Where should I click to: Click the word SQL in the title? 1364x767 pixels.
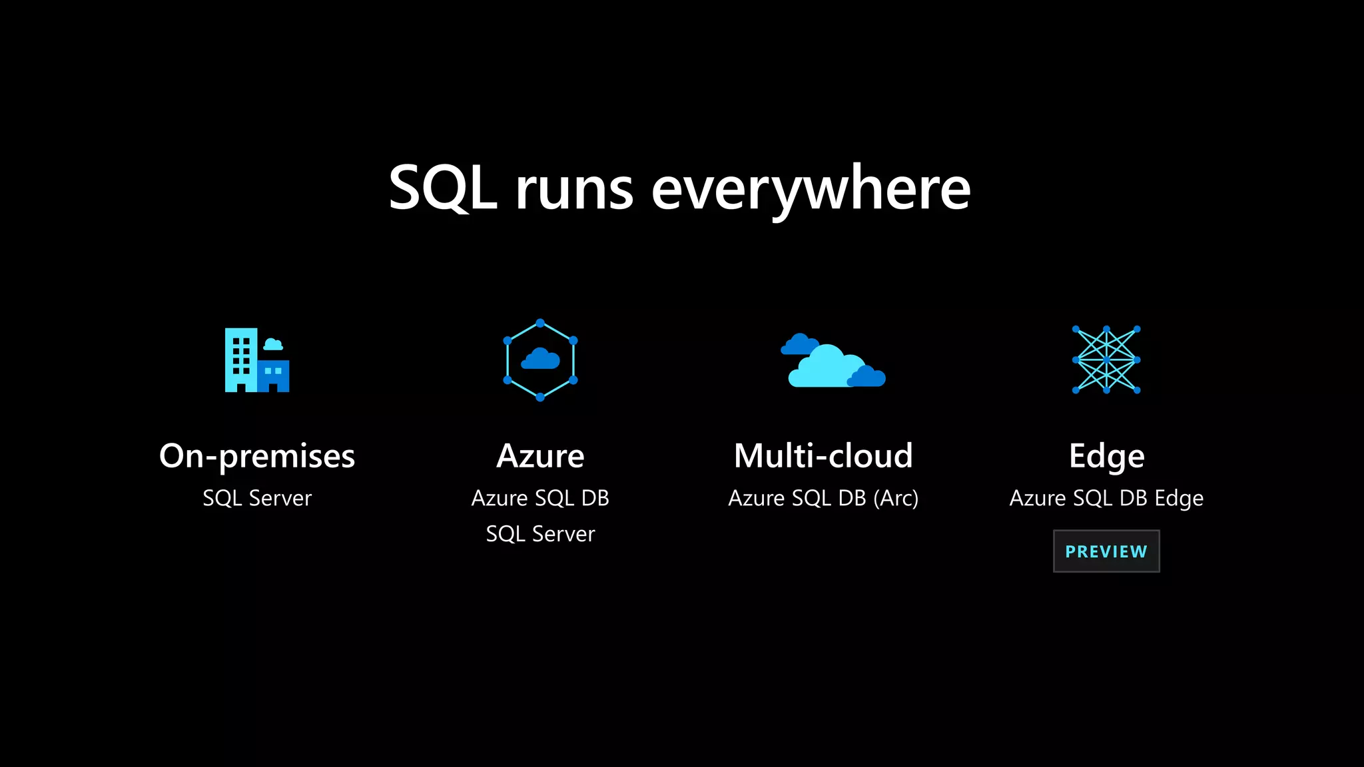[x=442, y=188]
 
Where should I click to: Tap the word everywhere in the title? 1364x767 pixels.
[x=811, y=190]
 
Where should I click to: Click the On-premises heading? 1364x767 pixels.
[x=257, y=457]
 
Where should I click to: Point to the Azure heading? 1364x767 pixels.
[x=540, y=457]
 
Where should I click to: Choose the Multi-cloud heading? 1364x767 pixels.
[x=823, y=457]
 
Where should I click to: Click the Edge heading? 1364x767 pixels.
[x=1106, y=457]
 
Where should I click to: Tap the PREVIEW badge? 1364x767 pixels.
[x=1106, y=551]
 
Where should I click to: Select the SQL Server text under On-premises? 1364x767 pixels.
[x=257, y=498]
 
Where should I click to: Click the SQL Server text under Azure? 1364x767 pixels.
[x=540, y=534]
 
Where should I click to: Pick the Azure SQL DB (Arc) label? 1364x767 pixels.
[x=823, y=498]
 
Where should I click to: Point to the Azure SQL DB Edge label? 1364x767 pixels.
[x=1106, y=498]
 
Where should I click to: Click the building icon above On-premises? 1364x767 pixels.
[x=257, y=360]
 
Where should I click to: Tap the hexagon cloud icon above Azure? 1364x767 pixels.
[x=540, y=360]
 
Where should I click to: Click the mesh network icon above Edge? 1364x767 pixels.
[x=1106, y=360]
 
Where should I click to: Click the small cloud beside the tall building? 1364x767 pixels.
[x=273, y=344]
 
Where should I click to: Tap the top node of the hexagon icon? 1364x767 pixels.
[x=540, y=324]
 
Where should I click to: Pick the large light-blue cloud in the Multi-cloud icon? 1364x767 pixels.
[x=823, y=370]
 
